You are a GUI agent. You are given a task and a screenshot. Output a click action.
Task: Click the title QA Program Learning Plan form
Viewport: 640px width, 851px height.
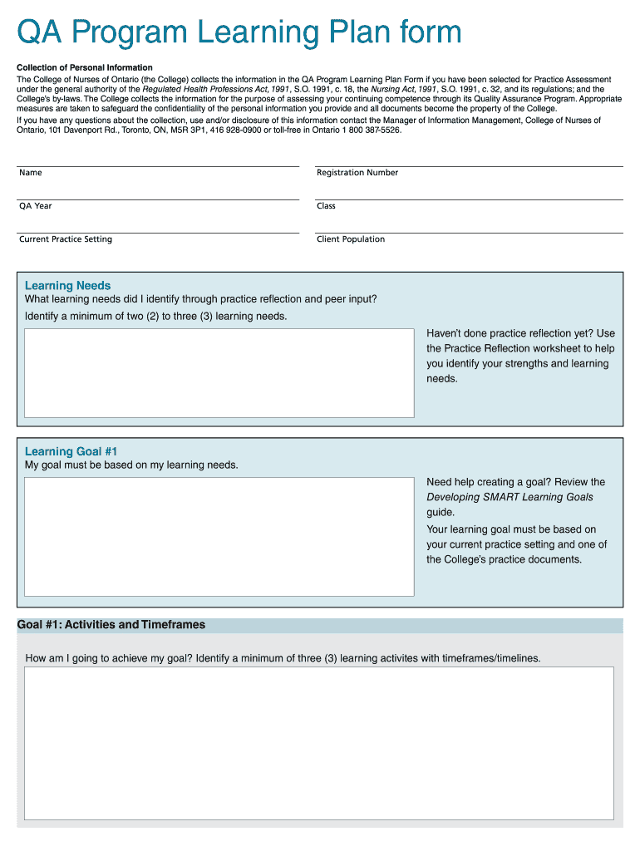239,33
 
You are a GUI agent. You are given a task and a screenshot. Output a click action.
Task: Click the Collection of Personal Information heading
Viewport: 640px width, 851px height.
85,67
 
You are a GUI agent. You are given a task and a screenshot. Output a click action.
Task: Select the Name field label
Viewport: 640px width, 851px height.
31,173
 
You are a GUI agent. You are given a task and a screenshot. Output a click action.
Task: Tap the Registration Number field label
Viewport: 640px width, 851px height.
357,173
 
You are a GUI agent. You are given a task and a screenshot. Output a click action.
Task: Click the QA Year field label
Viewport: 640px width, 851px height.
36,206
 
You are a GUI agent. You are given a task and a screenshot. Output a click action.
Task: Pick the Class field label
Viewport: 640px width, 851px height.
326,206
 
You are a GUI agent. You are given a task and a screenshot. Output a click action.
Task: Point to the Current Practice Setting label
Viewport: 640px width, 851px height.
66,239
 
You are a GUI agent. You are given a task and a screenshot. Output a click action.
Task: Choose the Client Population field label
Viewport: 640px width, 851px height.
351,239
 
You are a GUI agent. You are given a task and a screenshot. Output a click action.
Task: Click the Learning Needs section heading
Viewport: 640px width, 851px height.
67,286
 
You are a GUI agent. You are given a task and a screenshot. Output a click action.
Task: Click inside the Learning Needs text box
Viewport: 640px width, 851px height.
219,372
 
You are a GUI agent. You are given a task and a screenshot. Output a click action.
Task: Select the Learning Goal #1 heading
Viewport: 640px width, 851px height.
71,452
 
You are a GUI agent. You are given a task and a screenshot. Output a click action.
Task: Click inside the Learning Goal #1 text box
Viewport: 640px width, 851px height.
219,536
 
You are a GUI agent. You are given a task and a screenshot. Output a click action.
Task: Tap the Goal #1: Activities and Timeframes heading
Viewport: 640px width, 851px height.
111,625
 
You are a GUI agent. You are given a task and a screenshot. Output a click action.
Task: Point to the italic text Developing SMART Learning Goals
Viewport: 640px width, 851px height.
510,497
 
